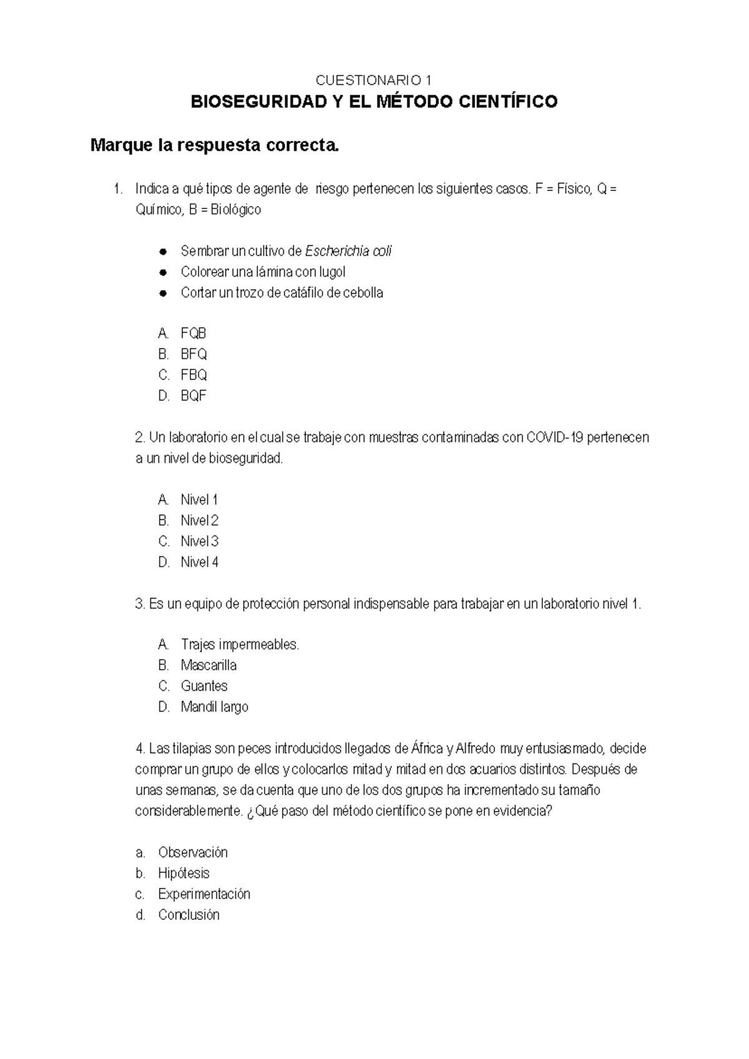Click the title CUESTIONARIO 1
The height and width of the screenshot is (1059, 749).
click(373, 81)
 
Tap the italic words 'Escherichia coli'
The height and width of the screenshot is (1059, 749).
click(348, 251)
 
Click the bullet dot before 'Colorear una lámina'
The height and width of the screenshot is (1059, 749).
click(163, 273)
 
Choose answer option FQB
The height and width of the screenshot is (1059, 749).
click(193, 333)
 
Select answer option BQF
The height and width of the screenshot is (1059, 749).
click(193, 396)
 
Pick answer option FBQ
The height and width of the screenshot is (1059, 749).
click(193, 375)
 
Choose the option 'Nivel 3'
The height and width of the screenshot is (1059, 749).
click(199, 541)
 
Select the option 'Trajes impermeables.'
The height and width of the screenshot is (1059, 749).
click(240, 645)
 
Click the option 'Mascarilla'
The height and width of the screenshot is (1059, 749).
click(208, 665)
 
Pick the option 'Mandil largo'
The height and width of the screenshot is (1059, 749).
click(214, 707)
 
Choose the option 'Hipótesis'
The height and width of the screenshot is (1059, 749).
click(184, 873)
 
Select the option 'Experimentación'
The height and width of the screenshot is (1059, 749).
click(203, 894)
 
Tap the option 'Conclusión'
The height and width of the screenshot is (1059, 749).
click(188, 915)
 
